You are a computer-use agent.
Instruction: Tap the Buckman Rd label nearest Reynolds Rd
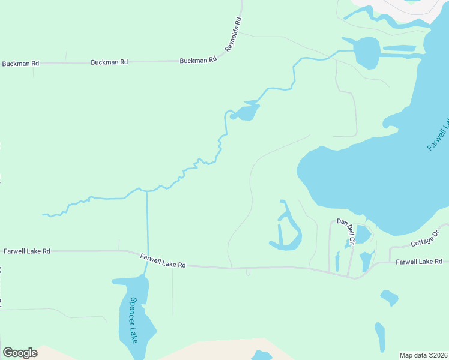[x=197, y=61]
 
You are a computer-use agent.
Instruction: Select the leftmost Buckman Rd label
[x=20, y=63]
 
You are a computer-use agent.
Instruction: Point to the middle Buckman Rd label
[x=109, y=62]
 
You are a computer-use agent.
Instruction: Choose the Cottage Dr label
[x=426, y=239]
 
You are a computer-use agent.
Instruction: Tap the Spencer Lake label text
[x=134, y=320]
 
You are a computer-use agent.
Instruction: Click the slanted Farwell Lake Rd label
[x=163, y=260]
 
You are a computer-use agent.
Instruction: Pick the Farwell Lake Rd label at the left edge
[x=26, y=251]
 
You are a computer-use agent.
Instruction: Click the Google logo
[x=20, y=353]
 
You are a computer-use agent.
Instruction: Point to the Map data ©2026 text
[x=424, y=355]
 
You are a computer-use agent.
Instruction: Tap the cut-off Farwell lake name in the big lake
[x=438, y=134]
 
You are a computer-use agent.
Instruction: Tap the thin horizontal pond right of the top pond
[x=399, y=48]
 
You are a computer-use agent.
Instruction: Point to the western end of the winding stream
[x=44, y=214]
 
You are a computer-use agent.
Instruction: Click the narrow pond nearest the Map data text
[x=379, y=337]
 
